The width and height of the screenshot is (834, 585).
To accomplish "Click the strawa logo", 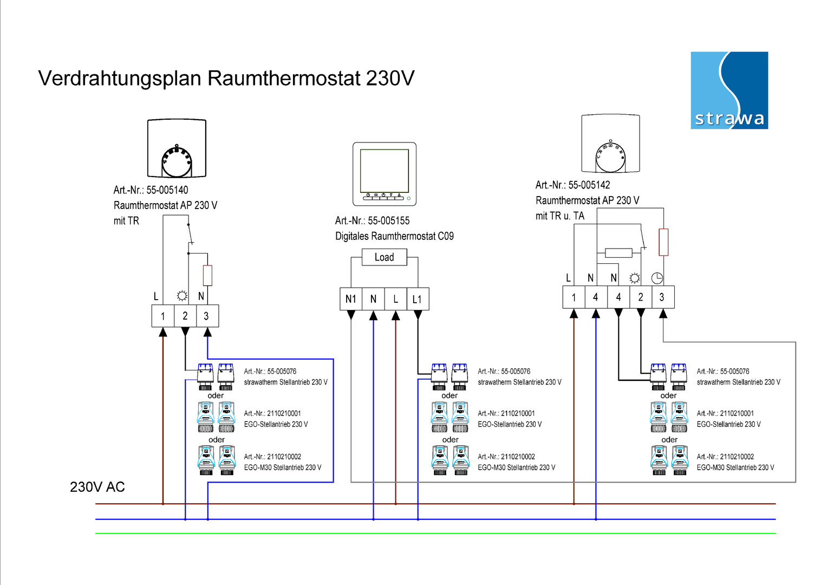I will click(729, 90).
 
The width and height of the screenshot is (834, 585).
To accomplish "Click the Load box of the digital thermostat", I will click(384, 257).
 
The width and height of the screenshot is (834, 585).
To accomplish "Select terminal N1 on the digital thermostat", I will click(351, 299).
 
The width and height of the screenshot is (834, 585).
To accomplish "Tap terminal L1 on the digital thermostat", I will click(417, 299).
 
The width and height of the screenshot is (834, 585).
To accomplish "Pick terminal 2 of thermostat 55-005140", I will click(185, 316).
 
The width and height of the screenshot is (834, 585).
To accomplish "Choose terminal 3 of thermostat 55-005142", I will click(662, 297).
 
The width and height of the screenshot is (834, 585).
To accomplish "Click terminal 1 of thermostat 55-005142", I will click(574, 297).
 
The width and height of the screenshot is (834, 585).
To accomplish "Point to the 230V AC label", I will click(97, 487).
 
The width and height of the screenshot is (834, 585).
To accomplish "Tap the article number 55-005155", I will click(388, 220).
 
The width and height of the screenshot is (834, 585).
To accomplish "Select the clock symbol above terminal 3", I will click(657, 278).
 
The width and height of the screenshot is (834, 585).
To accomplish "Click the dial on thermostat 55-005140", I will click(177, 161).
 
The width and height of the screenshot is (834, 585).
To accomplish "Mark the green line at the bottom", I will click(433, 534).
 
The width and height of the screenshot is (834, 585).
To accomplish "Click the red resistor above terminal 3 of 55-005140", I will click(207, 276).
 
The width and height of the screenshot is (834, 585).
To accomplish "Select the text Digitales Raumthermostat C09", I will click(394, 236).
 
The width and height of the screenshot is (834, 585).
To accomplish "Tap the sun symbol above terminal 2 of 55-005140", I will click(182, 296).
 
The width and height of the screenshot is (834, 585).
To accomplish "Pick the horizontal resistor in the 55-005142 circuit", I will click(618, 252).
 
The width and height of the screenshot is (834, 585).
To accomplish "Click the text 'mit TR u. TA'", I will click(560, 216).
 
